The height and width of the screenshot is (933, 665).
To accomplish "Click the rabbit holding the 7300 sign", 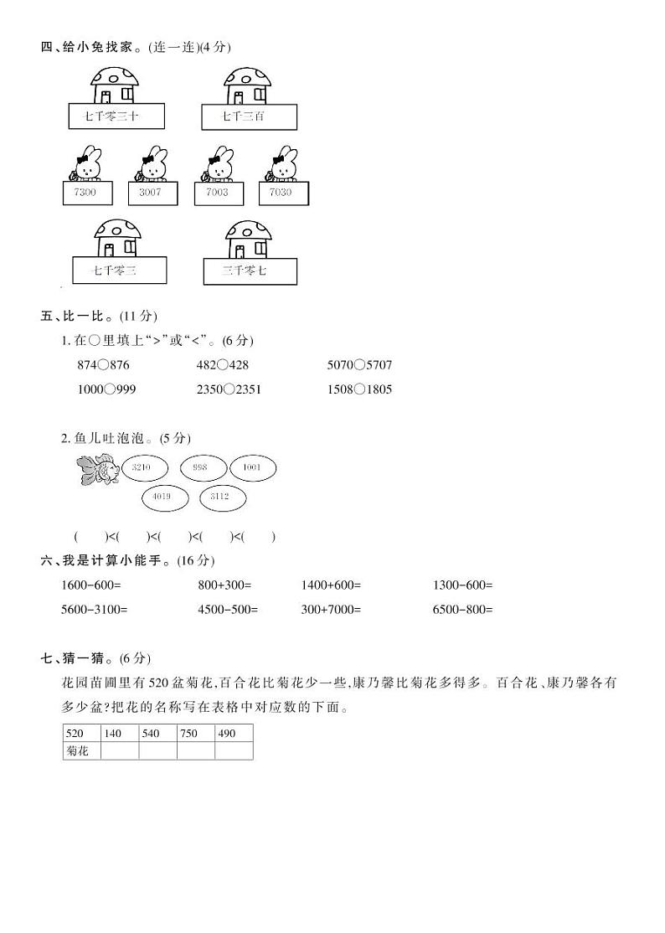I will (x=87, y=164).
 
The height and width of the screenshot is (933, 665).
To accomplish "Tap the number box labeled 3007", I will (x=152, y=193).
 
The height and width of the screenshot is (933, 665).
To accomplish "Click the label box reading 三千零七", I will (x=250, y=271).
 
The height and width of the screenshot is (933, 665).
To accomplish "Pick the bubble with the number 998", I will (x=199, y=467).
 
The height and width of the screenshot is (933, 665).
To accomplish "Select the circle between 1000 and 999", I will (x=107, y=389).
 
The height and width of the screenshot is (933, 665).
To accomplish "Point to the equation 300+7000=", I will (x=331, y=610).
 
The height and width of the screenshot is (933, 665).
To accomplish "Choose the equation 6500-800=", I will (x=463, y=610).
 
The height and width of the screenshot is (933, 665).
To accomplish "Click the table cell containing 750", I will (x=195, y=734).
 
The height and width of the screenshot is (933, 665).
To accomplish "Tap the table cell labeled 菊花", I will (x=80, y=751).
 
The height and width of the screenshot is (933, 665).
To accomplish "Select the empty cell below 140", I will (x=119, y=751).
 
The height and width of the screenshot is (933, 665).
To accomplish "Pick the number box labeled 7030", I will (x=283, y=193).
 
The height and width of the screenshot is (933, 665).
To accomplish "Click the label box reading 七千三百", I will (x=249, y=117).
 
